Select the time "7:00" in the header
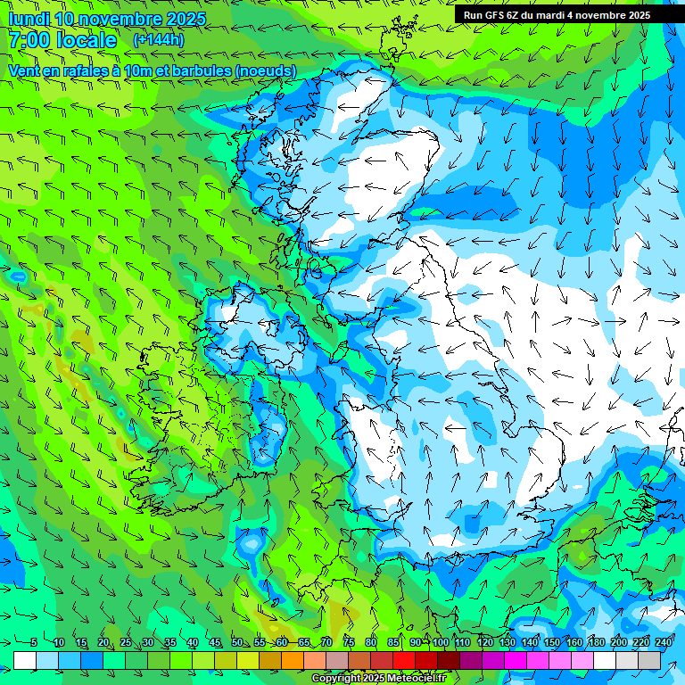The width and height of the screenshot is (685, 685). (28, 40)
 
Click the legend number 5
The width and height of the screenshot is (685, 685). (33, 643)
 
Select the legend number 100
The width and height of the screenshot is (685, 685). (440, 643)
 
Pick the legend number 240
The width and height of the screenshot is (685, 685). (664, 643)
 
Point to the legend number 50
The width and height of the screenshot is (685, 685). (237, 643)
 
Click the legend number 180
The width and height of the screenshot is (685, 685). (597, 643)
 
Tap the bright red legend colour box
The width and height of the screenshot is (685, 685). (404, 661)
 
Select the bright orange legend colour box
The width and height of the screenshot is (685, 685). (293, 661)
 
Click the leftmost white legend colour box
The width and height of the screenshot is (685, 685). (25, 661)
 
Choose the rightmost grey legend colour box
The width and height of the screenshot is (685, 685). (649, 661)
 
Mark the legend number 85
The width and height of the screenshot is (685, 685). (394, 643)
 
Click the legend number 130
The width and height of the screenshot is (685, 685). (507, 643)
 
